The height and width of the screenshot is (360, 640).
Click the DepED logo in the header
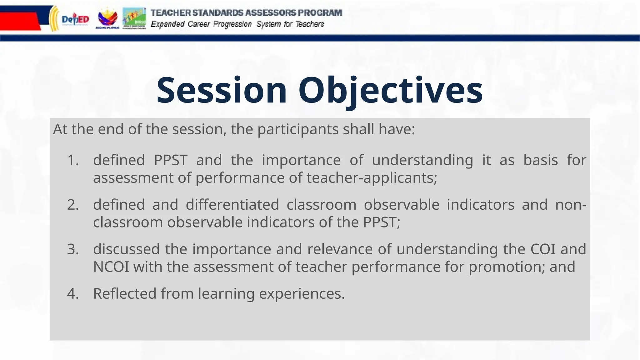pos(75,20)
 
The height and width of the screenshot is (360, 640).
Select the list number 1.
pos(73,160)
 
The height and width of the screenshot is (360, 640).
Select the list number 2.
pos(73,205)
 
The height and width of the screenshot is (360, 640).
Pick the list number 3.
pos(73,249)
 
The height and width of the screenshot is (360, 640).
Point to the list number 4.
pos(73,294)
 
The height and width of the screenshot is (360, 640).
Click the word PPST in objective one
pos(171,160)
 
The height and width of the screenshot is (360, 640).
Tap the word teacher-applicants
pos(372,178)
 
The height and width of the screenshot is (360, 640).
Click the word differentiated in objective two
pos(232,205)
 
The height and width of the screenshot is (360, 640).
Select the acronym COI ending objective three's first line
pos(543,249)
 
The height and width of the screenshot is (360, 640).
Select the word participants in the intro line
pos(298,129)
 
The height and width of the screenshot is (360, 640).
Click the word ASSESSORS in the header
pos(270,13)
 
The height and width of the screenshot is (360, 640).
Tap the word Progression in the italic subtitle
pos(232,24)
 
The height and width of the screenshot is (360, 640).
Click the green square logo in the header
pos(134,18)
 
